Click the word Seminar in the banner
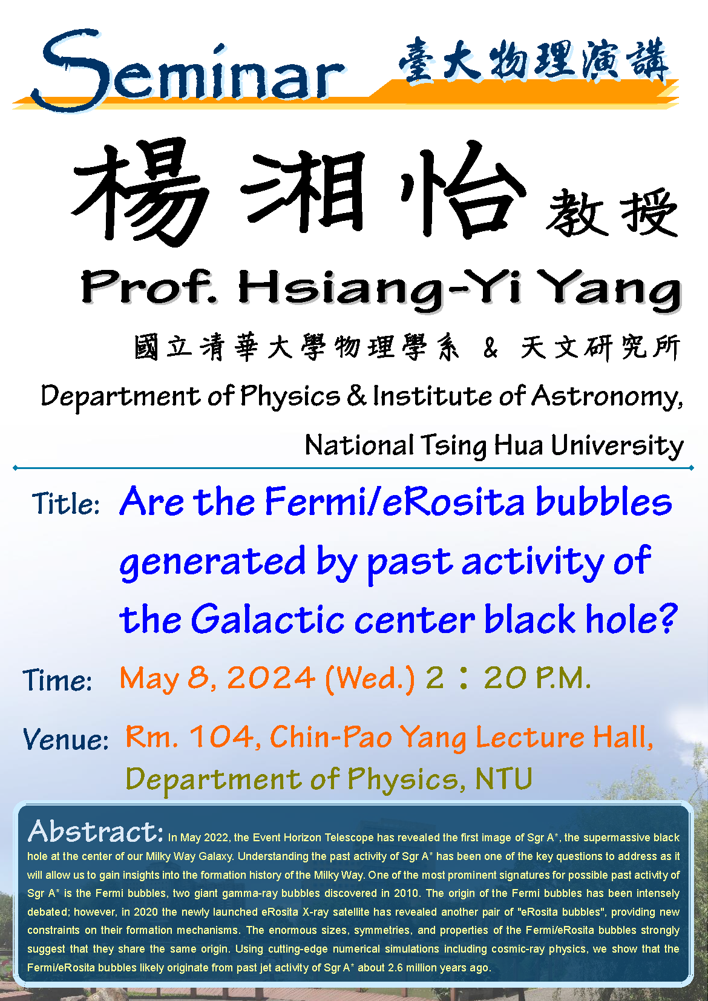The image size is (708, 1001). coord(188,71)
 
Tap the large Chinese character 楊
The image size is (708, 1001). coord(140,192)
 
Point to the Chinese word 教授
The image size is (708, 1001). coord(612,212)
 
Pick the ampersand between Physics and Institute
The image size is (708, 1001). coord(356,395)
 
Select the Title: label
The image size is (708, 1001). coord(66,504)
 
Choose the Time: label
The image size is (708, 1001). coord(57,681)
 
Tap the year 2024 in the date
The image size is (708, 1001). coord(271,678)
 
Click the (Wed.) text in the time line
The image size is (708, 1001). coord(370,679)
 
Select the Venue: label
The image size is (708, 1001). coord(66,740)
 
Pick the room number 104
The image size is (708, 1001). coord(221,736)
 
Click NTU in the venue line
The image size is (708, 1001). coord(504,779)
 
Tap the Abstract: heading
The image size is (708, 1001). coord(96,831)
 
